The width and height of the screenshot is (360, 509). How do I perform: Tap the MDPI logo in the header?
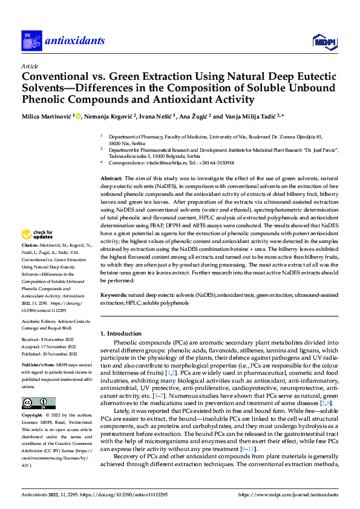coord(321,41)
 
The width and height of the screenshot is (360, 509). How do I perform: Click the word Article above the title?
coord(30,66)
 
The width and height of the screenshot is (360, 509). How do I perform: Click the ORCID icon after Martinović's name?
coord(76,115)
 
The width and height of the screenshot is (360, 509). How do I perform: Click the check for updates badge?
coord(38,234)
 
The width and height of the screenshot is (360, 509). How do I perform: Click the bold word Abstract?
coord(111,179)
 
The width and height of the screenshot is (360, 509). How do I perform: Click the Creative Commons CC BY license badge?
coord(38,403)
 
